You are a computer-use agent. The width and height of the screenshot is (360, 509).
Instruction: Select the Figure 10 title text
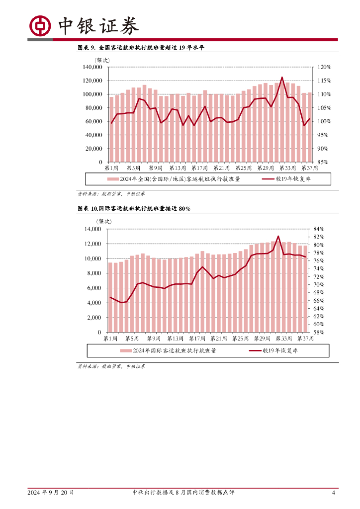pos(134,209)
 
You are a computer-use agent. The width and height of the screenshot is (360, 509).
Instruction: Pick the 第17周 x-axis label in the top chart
pos(199,169)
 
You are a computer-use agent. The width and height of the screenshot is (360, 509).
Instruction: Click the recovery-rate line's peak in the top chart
pos(282,77)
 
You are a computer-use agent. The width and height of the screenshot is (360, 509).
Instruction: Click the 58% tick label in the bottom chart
pos(319,332)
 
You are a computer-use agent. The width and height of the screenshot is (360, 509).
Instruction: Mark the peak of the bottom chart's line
pos(278,236)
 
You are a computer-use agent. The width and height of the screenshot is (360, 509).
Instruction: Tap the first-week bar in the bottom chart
pos(110,297)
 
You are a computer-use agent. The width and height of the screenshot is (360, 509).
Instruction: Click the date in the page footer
pos(51,493)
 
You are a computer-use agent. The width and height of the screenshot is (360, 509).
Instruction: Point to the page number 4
pos(334,493)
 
